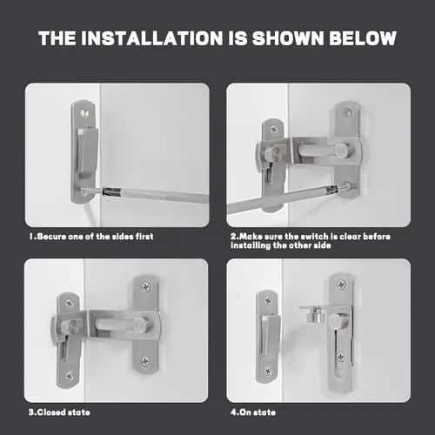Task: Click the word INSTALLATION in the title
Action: tap(151, 38)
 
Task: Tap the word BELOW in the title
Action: tap(363, 38)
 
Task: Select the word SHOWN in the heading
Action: tap(288, 38)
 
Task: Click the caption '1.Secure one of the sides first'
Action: tap(91, 237)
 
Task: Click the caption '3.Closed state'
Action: tap(59, 412)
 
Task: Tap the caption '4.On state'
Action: tap(253, 412)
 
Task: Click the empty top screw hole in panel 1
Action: tap(84, 112)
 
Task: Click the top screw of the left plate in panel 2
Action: tap(273, 130)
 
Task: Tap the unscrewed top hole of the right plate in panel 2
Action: tap(346, 112)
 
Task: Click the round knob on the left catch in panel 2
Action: tap(273, 154)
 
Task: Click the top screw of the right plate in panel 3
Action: tap(145, 287)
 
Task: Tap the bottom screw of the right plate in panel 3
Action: tap(145, 361)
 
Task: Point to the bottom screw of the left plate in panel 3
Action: tap(69, 376)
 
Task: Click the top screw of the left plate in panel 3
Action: tap(70, 304)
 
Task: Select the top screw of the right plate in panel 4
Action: tap(341, 284)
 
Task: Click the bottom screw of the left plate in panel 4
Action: tap(268, 371)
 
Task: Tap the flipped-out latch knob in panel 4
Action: tap(316, 315)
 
